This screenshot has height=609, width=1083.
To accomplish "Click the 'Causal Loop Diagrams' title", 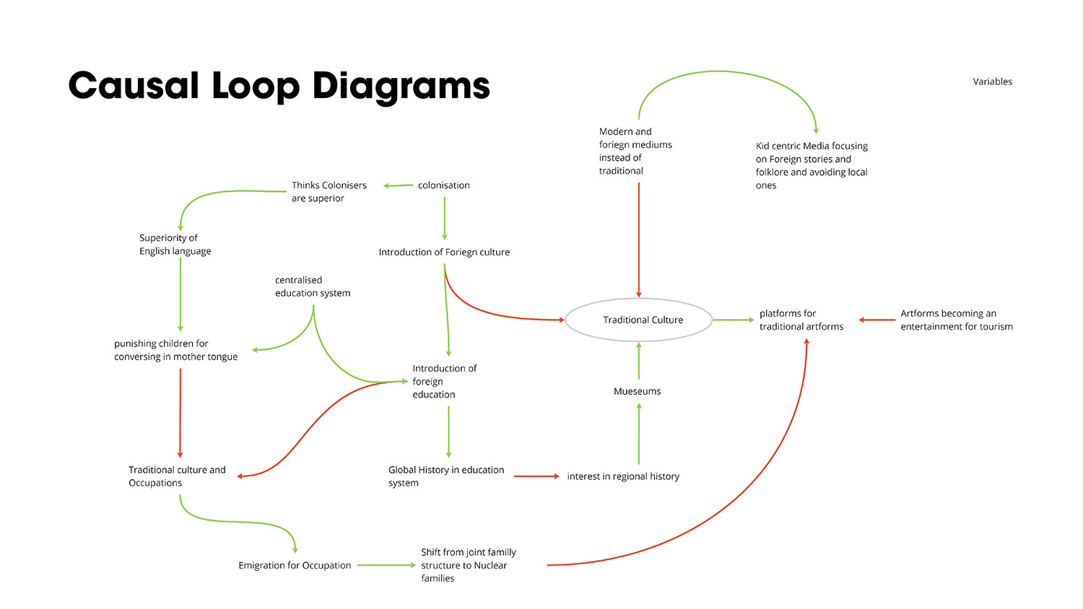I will [x=279, y=86].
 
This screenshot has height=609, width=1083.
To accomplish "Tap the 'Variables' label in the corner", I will [x=992, y=82].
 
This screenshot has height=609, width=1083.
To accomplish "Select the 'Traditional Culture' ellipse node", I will [x=639, y=320].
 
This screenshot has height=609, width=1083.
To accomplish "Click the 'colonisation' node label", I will [x=443, y=185].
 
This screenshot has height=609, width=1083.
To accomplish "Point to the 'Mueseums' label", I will [x=637, y=391].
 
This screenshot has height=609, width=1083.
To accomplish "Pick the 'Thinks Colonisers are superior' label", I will [x=329, y=192].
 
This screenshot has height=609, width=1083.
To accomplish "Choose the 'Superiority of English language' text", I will [x=175, y=244].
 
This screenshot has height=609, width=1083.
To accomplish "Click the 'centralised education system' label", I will [x=312, y=286].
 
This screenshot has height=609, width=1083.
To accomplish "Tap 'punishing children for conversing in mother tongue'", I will [x=175, y=350].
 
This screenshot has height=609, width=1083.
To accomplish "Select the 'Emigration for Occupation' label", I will [x=295, y=565].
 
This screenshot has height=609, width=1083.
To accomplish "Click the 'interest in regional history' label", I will [x=622, y=476].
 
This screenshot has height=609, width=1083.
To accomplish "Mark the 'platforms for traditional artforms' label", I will [x=801, y=320].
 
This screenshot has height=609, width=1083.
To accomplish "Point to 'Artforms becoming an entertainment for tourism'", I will [x=956, y=320].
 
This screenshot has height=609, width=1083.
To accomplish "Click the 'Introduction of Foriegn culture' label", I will [x=444, y=252].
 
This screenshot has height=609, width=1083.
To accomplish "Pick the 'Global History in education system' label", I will [x=445, y=476].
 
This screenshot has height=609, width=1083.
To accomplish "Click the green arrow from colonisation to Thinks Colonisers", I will [x=398, y=185].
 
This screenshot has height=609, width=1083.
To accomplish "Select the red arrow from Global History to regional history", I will [x=536, y=476].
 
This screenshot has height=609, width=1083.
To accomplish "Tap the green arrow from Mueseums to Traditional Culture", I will [x=638, y=361].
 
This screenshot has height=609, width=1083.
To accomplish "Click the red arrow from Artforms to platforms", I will [x=877, y=320].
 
